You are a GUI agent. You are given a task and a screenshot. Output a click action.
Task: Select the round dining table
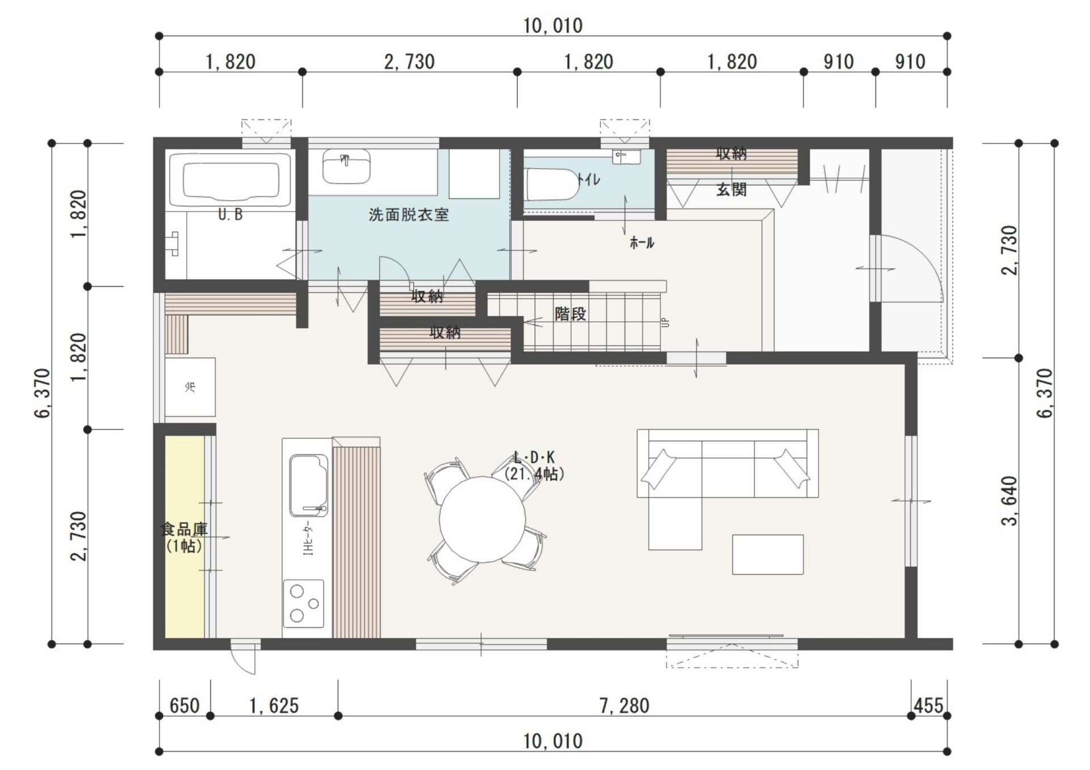pyautogui.click(x=483, y=519)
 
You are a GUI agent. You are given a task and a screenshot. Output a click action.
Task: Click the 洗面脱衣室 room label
pyautogui.click(x=409, y=215)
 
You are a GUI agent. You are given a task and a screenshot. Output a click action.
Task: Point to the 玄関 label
pyautogui.click(x=731, y=190)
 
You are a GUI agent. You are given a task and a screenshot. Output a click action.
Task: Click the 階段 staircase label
pyautogui.click(x=571, y=314)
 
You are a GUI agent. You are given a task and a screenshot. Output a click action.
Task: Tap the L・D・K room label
pyautogui.click(x=534, y=457)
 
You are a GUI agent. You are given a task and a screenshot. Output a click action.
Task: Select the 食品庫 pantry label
pyautogui.click(x=184, y=529)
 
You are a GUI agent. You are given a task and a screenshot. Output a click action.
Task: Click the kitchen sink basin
pyautogui.click(x=309, y=485)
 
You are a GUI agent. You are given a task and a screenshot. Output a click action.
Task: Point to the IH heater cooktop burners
pyautogui.click(x=304, y=603)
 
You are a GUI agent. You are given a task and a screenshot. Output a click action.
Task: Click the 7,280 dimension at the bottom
pyautogui.click(x=624, y=706)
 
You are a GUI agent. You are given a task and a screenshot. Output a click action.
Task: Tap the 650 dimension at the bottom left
pyautogui.click(x=185, y=706)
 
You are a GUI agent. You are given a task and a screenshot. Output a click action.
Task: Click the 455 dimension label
pyautogui.click(x=929, y=706)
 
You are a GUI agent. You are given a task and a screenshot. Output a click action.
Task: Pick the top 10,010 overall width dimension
pyautogui.click(x=553, y=26)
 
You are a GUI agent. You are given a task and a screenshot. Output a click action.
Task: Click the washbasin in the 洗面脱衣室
pyautogui.click(x=347, y=166)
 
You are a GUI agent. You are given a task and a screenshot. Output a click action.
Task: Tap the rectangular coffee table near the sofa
pyautogui.click(x=768, y=554)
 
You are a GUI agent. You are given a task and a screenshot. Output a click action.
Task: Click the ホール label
pyautogui.click(x=642, y=243)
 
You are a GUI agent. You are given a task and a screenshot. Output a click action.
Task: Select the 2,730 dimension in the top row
pyautogui.click(x=409, y=62)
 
